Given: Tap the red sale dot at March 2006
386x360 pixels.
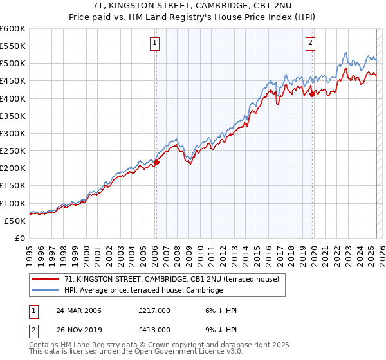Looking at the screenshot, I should tap(156, 162).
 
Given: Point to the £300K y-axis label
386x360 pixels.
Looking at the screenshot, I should tap(12, 134).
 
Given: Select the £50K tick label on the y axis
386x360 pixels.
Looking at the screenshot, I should tap(15, 221).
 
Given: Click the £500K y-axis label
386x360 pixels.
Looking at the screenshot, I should tap(12, 64).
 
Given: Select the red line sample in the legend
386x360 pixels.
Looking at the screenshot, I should tap(46, 280).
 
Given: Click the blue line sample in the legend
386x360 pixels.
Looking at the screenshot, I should tap(46, 291).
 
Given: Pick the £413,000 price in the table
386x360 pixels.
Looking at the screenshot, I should tap(154, 329).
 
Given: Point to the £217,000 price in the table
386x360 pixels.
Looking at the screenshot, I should tap(154, 310).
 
